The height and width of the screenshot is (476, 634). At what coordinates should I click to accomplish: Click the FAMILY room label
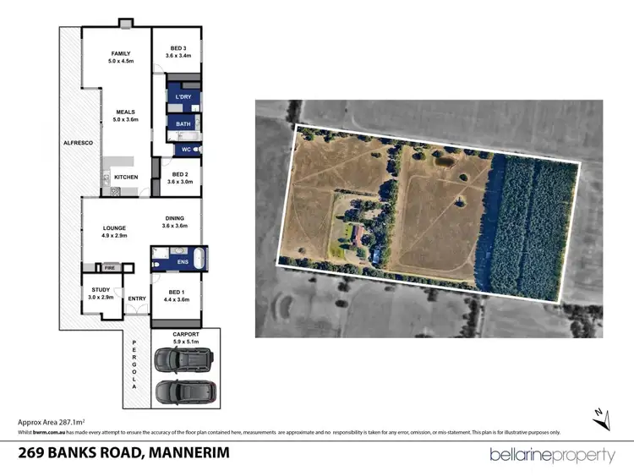click(120, 53)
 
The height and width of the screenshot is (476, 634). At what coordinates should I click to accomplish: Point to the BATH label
click(183, 124)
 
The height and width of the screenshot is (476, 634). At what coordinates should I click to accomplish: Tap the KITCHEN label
click(126, 177)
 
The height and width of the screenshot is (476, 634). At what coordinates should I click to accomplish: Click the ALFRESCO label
click(77, 144)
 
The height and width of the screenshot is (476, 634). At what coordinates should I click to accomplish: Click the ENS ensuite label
click(183, 262)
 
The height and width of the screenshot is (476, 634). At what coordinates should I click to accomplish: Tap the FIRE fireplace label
click(109, 268)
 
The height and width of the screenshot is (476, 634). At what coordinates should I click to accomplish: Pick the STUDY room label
click(101, 290)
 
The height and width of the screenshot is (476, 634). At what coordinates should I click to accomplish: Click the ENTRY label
click(137, 298)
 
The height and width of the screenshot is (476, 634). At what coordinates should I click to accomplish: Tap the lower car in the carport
click(185, 392)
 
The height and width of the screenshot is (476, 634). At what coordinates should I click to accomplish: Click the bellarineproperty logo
click(553, 455)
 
